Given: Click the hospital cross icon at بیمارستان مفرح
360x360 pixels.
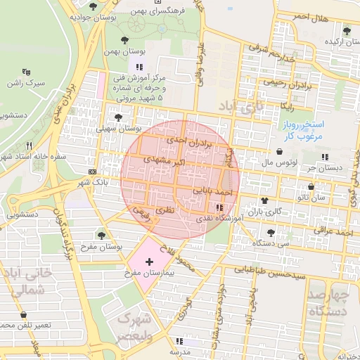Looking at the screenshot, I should (x=149, y=262).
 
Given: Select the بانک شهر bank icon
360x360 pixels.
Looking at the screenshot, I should (x=94, y=171).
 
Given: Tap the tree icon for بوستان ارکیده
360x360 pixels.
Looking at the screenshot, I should (x=346, y=30).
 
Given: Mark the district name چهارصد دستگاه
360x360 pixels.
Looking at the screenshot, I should (x=328, y=302).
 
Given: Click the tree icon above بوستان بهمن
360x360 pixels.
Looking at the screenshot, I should (x=125, y=40).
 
